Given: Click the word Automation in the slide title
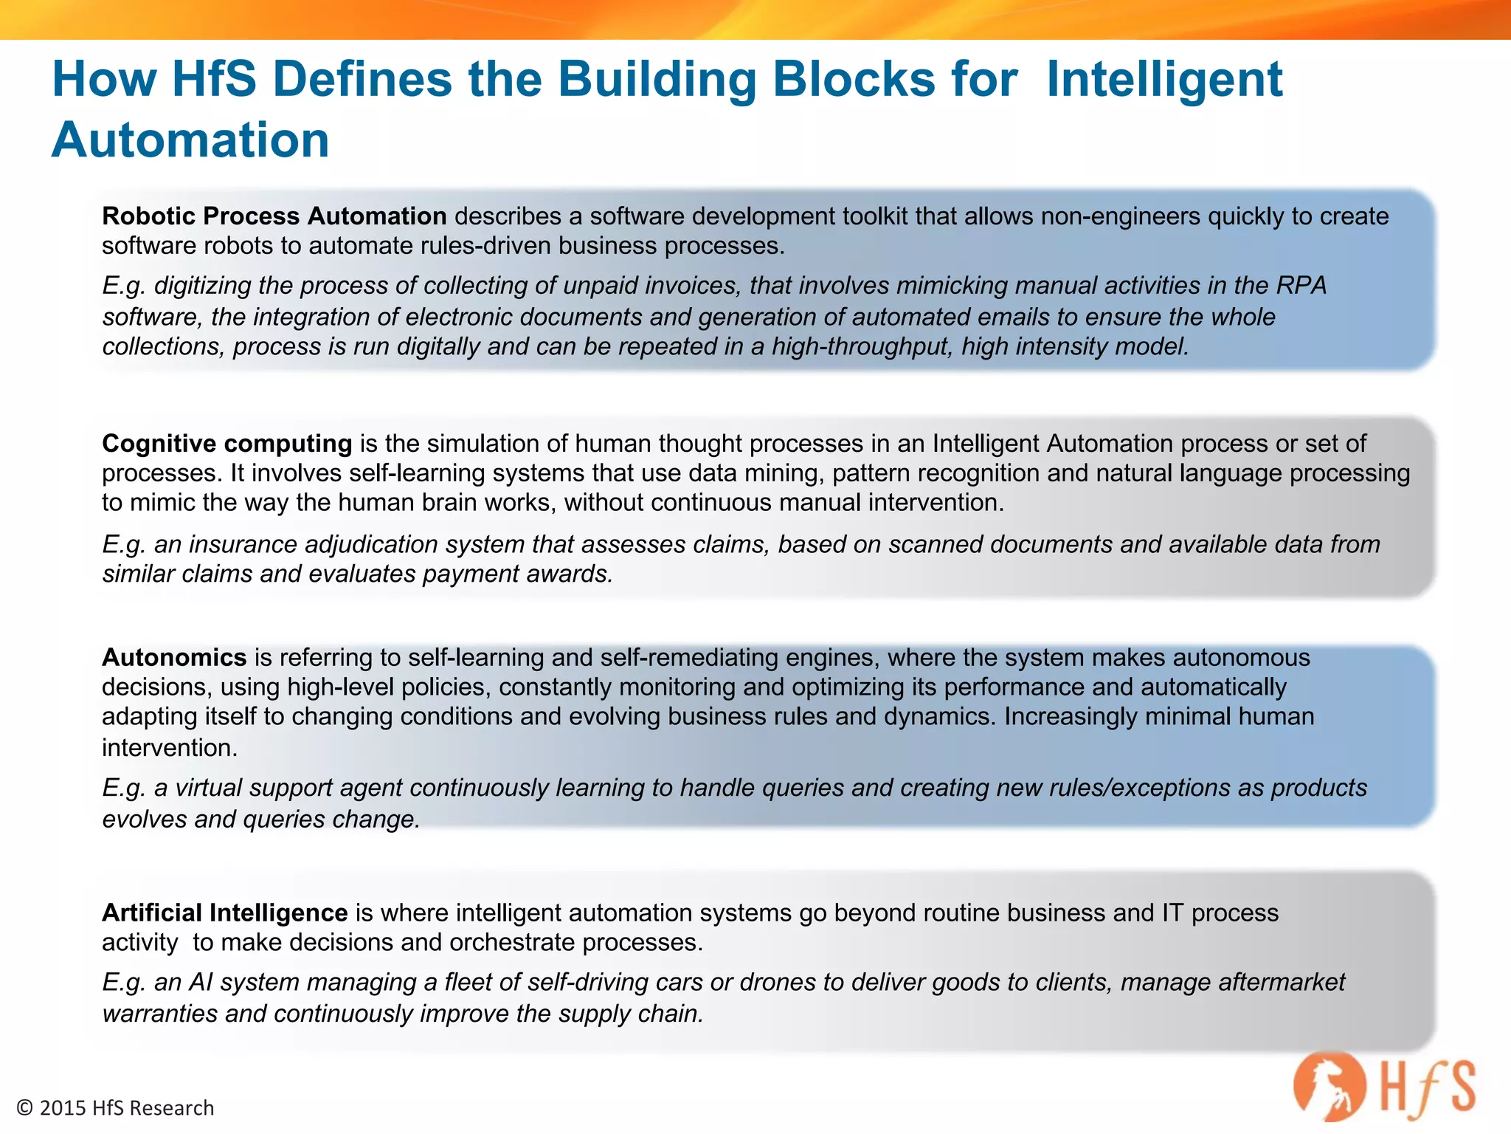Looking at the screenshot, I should click(190, 140).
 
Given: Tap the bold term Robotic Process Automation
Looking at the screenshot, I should click(274, 216).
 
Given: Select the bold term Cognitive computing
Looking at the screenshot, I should click(227, 443).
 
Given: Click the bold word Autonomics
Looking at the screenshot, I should click(174, 657).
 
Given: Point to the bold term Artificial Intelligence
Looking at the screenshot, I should click(224, 913).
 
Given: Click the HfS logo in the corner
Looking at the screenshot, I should click(1384, 1086).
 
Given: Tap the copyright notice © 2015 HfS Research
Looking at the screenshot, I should click(115, 1108).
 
